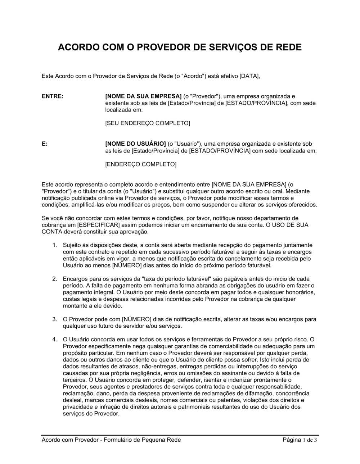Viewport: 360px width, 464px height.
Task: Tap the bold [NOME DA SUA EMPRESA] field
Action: point(143,96)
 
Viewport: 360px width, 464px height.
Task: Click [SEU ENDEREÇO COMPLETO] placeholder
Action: point(147,123)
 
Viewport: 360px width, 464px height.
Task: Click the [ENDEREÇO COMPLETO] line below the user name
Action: point(141,164)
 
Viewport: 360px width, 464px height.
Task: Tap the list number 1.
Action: point(55,245)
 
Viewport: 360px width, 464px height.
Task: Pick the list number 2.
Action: point(55,279)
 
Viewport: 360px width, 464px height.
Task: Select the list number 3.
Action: point(55,319)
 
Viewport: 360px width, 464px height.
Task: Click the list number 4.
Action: point(55,339)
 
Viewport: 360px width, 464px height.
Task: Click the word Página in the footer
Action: point(292,440)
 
